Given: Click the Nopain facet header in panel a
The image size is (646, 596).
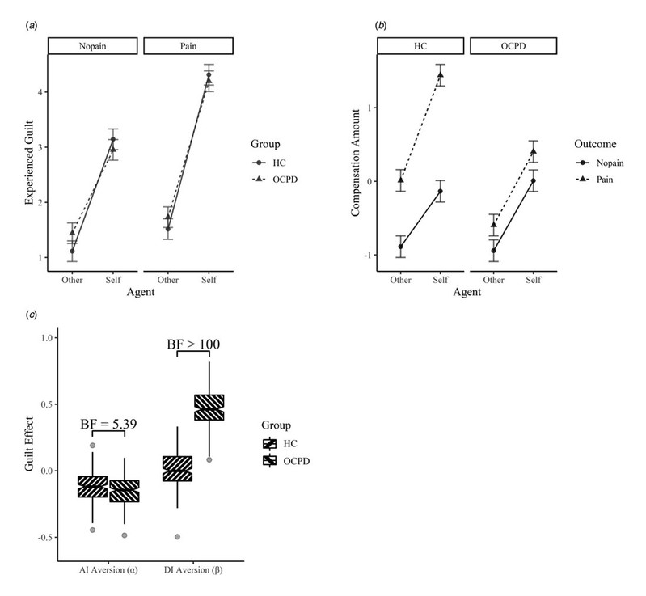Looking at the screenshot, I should tap(93, 47).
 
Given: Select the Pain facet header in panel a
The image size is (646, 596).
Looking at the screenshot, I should tap(188, 47).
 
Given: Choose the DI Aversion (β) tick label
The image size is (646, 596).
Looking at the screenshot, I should tap(189, 569).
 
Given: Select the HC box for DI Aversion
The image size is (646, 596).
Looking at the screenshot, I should tap(177, 468).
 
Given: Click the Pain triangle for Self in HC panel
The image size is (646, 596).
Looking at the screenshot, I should tap(441, 75).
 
